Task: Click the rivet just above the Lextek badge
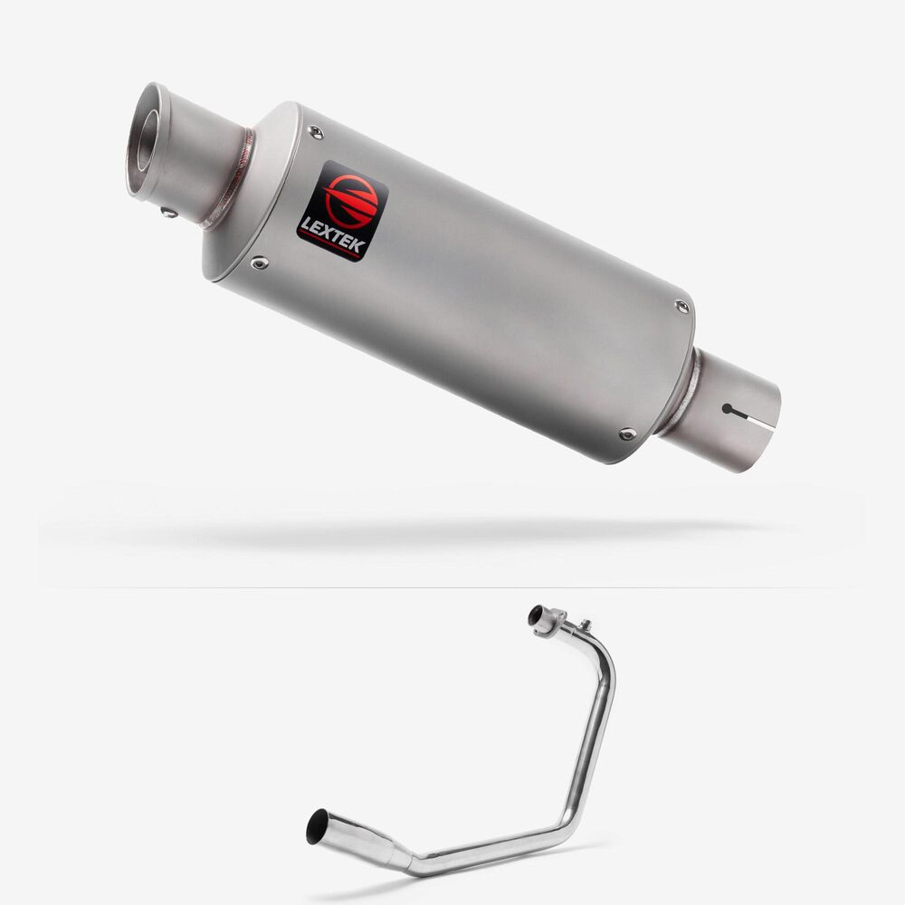(x=316, y=132)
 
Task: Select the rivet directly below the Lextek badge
(x=259, y=263)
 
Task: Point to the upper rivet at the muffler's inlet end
(x=681, y=307)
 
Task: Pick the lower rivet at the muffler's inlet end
(x=627, y=433)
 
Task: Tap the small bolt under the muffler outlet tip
(x=169, y=213)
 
